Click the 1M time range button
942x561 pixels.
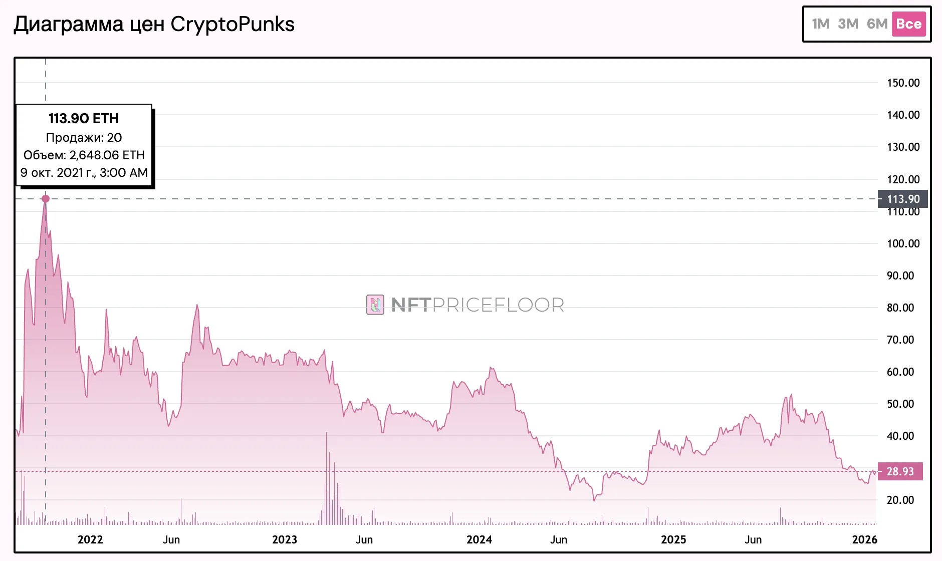[x=821, y=24]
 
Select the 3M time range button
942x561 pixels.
[x=848, y=24]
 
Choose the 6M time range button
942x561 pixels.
[x=877, y=24]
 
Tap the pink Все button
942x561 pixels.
[x=908, y=24]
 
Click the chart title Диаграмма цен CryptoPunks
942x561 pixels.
[x=154, y=24]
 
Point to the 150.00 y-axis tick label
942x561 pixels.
[x=903, y=83]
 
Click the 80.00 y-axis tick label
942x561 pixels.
[x=900, y=308]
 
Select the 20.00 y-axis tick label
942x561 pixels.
[x=900, y=500]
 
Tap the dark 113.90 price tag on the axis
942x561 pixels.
[x=903, y=199]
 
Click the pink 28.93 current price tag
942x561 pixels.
[x=900, y=471]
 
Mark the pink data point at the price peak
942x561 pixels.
[x=46, y=199]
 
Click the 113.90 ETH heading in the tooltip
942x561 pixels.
[x=84, y=119]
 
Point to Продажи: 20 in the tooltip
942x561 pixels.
[x=84, y=138]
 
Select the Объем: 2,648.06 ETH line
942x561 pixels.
[x=84, y=155]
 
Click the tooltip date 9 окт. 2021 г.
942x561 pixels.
[x=84, y=173]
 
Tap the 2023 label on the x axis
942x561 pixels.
[x=284, y=539]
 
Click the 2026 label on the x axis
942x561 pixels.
[x=864, y=539]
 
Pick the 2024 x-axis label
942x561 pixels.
[x=479, y=539]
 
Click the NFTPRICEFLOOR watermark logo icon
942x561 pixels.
[x=375, y=305]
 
